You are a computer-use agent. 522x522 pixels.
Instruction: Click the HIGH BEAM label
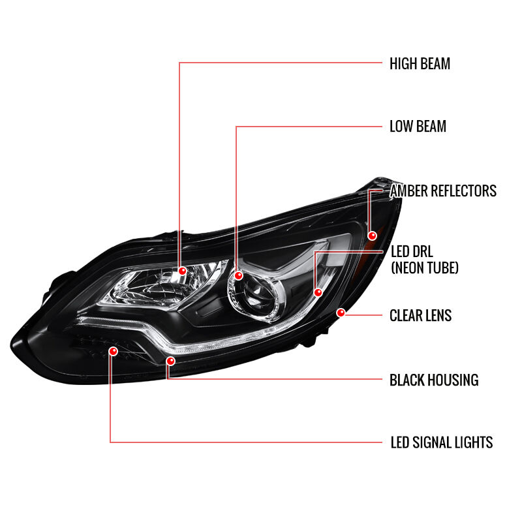(x=420, y=63)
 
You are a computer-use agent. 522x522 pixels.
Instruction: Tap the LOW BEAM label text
(x=418, y=126)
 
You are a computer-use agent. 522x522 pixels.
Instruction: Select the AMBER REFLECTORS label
(x=443, y=191)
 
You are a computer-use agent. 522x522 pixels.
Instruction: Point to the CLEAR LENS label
(x=420, y=315)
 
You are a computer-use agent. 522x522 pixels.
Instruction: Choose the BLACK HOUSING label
(x=434, y=380)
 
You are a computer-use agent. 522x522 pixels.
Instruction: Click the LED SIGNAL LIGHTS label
(x=442, y=442)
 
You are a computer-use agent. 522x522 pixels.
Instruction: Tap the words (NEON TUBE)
(x=425, y=268)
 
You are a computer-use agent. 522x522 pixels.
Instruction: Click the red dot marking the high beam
(x=182, y=271)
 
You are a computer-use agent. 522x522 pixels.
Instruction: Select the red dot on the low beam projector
(x=238, y=275)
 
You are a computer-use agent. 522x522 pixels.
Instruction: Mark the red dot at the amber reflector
(x=372, y=236)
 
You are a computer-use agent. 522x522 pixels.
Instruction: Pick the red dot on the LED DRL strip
(x=318, y=292)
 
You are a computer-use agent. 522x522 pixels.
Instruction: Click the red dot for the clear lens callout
(x=341, y=313)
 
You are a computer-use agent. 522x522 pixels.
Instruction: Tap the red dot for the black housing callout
(x=170, y=361)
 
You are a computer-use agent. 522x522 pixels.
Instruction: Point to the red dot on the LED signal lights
(x=113, y=351)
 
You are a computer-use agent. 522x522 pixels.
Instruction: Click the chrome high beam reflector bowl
(x=163, y=286)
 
